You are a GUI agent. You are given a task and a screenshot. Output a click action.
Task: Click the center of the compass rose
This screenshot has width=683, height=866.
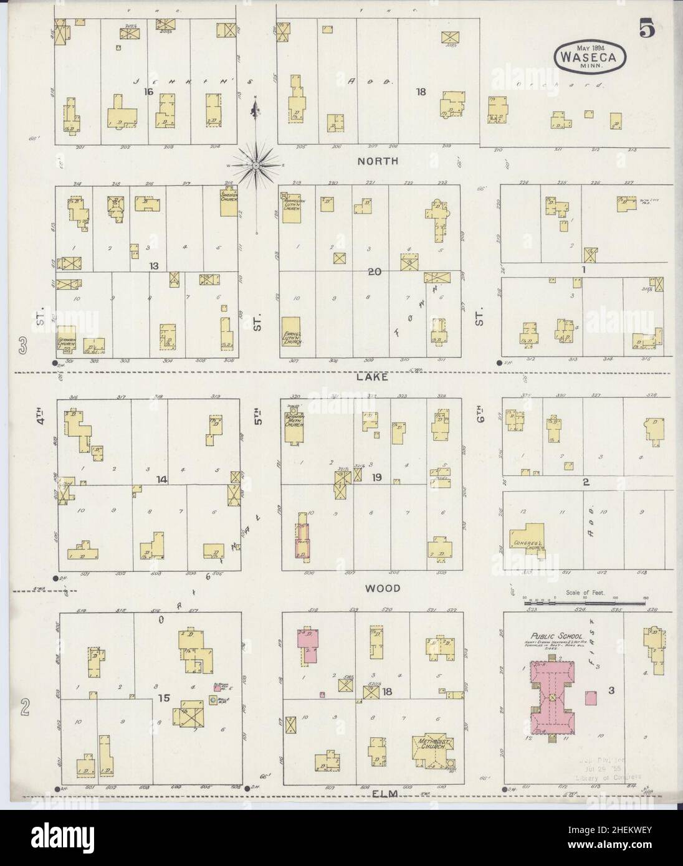[255, 165]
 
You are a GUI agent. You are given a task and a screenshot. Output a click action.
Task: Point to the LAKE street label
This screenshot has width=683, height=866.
[373, 377]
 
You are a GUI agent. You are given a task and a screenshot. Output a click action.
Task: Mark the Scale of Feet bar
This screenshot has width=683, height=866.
[583, 602]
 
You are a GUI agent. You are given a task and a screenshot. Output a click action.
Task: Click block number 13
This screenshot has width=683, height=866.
[153, 266]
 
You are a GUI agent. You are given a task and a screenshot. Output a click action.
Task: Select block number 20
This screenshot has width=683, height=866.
[373, 272]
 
